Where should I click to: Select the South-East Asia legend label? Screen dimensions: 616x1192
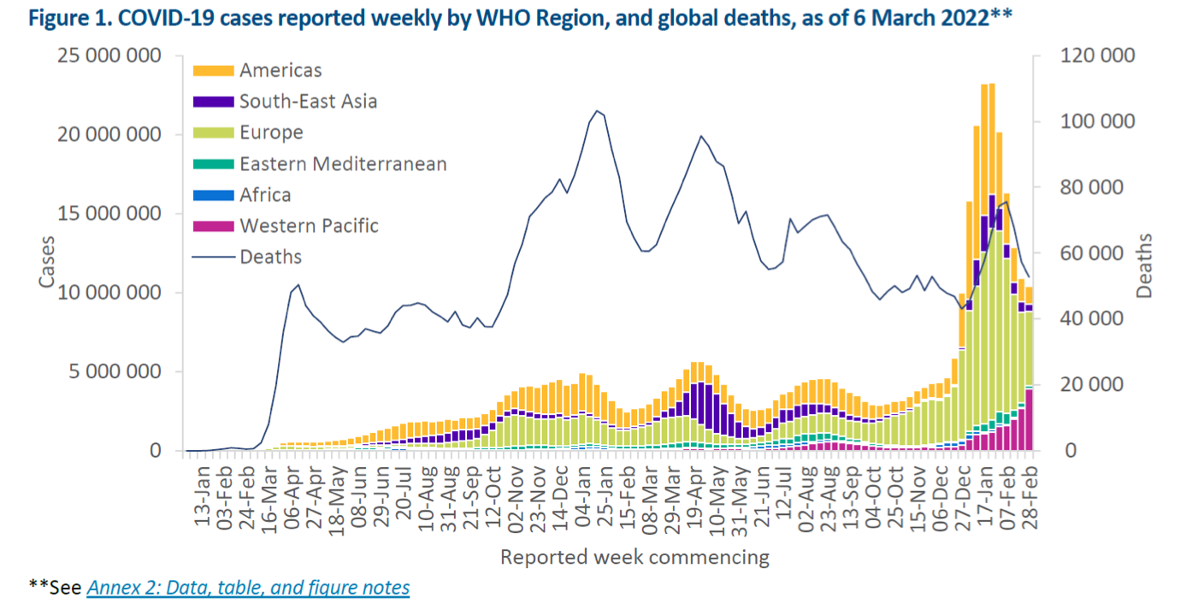tap(308, 102)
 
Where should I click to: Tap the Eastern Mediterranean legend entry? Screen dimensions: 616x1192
tap(343, 163)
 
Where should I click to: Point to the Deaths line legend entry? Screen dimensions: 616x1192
tap(270, 257)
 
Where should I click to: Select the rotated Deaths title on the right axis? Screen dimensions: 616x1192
tap(1146, 266)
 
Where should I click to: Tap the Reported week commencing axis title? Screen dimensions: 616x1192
tap(634, 558)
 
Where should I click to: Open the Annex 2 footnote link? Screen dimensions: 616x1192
tap(248, 588)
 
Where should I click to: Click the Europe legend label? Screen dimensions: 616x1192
tap(271, 133)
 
